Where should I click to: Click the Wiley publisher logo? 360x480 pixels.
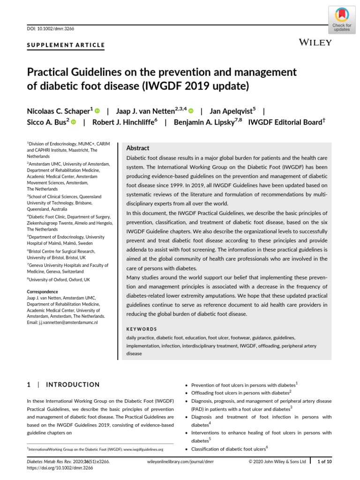315,43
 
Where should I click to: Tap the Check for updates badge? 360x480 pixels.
342,20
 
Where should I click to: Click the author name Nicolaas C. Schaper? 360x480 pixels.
59,111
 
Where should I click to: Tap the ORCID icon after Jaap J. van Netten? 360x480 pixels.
191,111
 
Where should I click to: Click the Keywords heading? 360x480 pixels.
142,329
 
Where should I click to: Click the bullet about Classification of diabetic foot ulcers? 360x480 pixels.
227,449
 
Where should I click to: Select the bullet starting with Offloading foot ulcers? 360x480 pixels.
241,392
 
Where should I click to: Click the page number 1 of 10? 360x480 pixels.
325,462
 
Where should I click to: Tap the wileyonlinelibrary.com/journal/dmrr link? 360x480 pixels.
180,462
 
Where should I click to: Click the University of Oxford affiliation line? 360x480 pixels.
59,279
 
